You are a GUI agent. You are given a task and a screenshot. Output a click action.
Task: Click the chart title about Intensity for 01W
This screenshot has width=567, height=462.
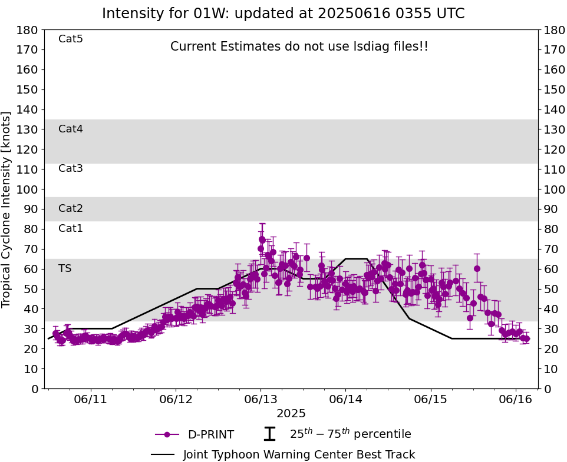pyautogui.click(x=283, y=14)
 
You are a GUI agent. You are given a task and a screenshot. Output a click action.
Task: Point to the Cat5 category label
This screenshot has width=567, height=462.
pyautogui.click(x=71, y=39)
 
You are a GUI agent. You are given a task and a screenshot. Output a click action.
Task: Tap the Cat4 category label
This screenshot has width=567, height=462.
pyautogui.click(x=71, y=129)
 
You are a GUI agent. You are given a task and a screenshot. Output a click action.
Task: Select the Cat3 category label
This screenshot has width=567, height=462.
pyautogui.click(x=71, y=169)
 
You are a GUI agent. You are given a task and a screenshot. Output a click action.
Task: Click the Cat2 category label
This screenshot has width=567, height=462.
pyautogui.click(x=71, y=209)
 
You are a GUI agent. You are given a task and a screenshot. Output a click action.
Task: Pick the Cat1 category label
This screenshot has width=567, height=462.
pyautogui.click(x=71, y=229)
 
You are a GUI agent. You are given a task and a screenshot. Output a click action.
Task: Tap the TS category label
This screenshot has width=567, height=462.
pyautogui.click(x=65, y=269)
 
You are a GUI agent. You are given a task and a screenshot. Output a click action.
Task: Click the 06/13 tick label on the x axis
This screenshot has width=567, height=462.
pyautogui.click(x=261, y=399)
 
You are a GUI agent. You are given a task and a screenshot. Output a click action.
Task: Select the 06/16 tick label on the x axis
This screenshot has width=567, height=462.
pyautogui.click(x=516, y=399)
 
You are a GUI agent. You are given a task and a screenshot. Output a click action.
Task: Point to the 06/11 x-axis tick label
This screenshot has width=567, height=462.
pyautogui.click(x=91, y=399)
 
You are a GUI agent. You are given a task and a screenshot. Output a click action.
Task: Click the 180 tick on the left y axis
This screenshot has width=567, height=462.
pyautogui.click(x=28, y=30)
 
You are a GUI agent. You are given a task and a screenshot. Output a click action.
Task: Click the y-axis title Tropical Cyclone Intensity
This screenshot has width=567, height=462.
pyautogui.click(x=7, y=209)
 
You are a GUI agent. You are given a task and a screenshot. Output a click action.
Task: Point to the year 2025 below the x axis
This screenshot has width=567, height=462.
pyautogui.click(x=291, y=414)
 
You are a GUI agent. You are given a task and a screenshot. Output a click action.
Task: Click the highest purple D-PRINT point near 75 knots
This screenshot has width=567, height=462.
pyautogui.click(x=262, y=240)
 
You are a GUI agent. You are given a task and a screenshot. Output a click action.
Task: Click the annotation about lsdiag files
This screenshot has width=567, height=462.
pyautogui.click(x=299, y=46)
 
